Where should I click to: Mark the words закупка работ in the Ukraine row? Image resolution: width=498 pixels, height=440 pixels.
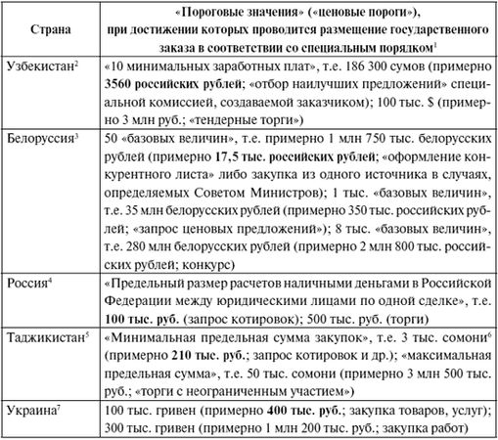click(430, 429)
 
